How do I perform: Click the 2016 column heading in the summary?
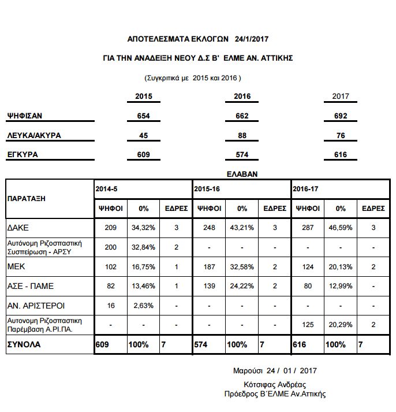click(242, 96)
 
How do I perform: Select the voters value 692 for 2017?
click(341, 116)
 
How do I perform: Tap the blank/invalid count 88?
click(242, 136)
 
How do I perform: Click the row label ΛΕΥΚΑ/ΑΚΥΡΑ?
click(34, 136)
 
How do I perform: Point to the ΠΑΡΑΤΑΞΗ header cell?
click(27, 198)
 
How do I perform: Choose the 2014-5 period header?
click(106, 189)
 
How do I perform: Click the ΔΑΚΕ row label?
click(19, 228)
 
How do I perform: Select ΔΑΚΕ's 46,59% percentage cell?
click(341, 228)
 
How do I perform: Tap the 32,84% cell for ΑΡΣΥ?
click(144, 247)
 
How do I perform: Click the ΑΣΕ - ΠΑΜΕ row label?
click(28, 287)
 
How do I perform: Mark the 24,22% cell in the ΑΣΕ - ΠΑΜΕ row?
click(242, 287)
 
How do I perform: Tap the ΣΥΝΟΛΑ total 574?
click(202, 344)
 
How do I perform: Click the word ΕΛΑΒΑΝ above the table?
click(241, 173)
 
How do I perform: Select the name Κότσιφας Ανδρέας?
click(275, 385)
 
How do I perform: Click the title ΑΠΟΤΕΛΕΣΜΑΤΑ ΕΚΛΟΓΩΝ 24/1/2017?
click(198, 39)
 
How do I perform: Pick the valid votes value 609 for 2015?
click(144, 155)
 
